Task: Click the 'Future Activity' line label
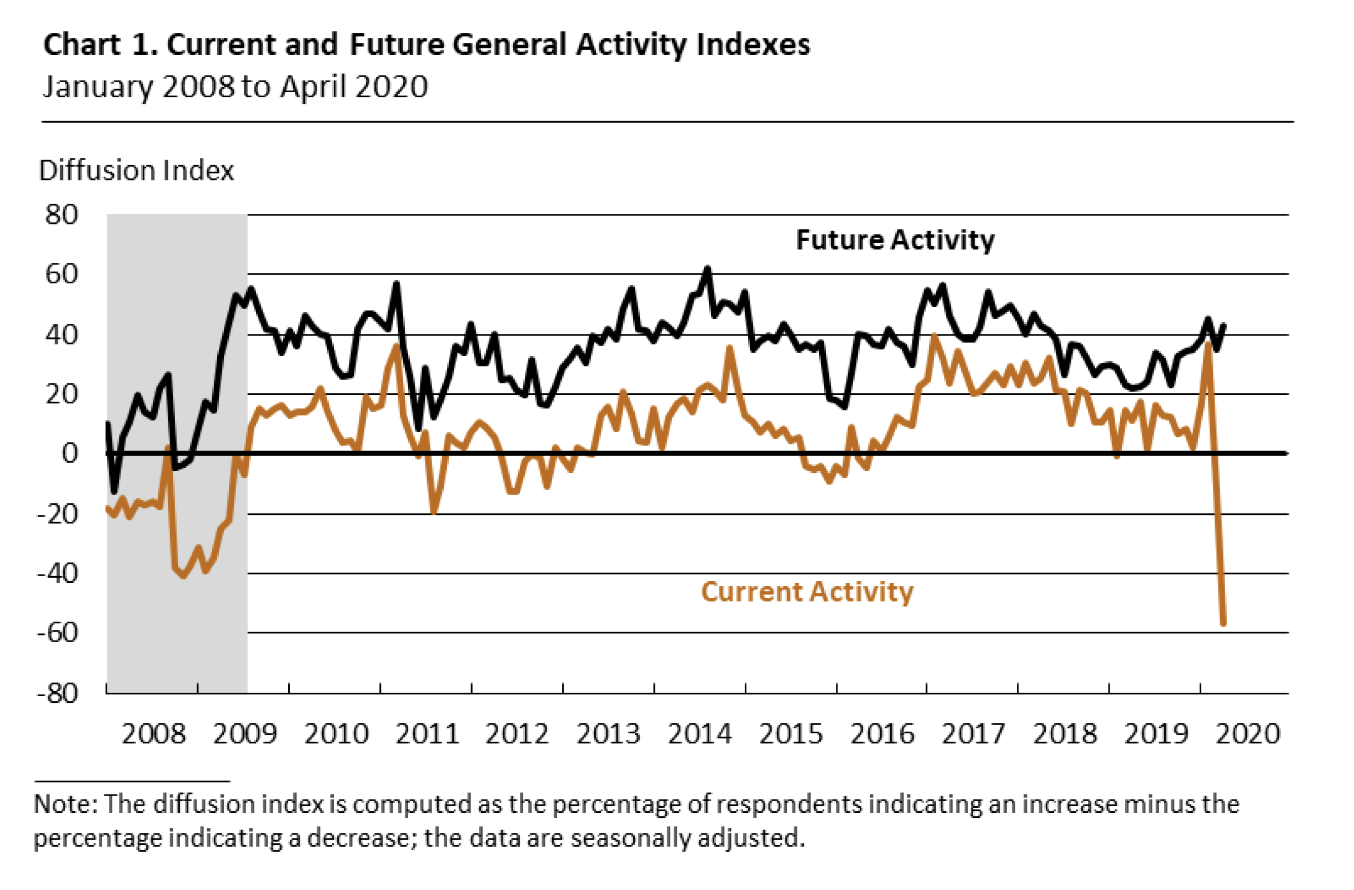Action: pyautogui.click(x=894, y=240)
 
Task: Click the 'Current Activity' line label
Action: pyautogui.click(x=807, y=592)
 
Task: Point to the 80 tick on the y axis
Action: pyautogui.click(x=62, y=215)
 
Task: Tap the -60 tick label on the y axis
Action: pyautogui.click(x=57, y=632)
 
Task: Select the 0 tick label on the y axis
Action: pyautogui.click(x=69, y=453)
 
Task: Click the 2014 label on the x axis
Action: pyautogui.click(x=699, y=733)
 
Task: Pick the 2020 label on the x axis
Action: pyautogui.click(x=1247, y=733)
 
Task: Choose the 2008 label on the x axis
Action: pyautogui.click(x=154, y=733)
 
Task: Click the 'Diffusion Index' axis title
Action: pyautogui.click(x=136, y=171)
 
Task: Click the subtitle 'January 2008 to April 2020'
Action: pyautogui.click(x=235, y=87)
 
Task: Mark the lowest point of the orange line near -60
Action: pyautogui.click(x=1223, y=624)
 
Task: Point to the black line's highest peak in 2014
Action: pyautogui.click(x=707, y=268)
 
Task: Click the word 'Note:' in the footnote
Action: pyautogui.click(x=66, y=804)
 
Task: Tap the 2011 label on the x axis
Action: pyautogui.click(x=427, y=733)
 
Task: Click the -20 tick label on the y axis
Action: pyautogui.click(x=57, y=514)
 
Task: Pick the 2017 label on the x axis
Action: pyautogui.click(x=974, y=733)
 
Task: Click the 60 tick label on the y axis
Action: pyautogui.click(x=62, y=274)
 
